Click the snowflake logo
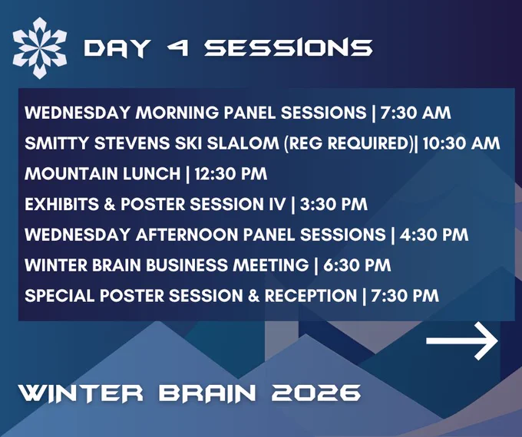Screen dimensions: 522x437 pos(40,48)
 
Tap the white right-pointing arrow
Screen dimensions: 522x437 pos(462,340)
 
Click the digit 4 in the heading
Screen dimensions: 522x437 pos(178,48)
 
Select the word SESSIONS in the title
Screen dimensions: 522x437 pos(289,48)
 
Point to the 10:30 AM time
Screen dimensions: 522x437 pos(461,143)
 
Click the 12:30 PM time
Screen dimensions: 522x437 pos(231,173)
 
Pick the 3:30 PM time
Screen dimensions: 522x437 pos(334,204)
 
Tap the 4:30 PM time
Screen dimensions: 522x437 pos(434,235)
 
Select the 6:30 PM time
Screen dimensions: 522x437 pos(357,265)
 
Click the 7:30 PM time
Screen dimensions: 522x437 pos(405,296)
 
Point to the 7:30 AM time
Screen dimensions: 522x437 pos(416,113)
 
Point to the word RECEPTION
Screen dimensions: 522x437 pos(311,296)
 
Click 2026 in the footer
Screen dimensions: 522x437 pos(316,393)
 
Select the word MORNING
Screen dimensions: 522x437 pos(177,113)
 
